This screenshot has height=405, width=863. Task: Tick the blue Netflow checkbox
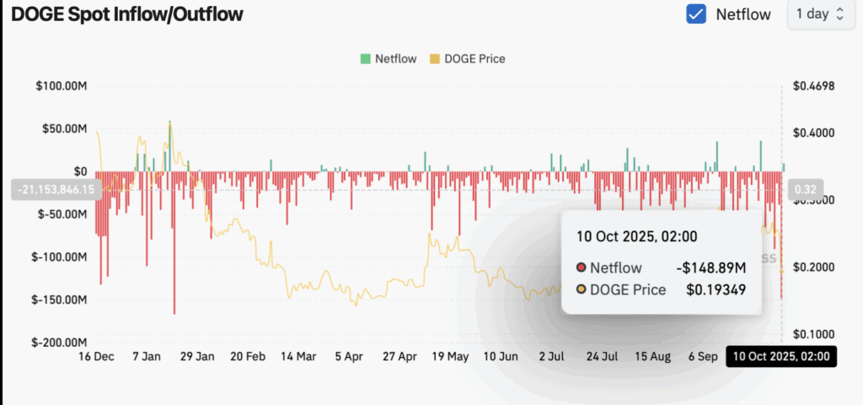click(696, 14)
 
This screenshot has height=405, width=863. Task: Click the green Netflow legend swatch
click(365, 58)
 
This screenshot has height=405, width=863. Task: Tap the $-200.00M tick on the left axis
click(61, 343)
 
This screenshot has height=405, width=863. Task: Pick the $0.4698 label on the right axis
click(813, 86)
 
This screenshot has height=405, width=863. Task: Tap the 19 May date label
click(450, 357)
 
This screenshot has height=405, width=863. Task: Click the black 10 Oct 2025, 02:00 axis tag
click(781, 357)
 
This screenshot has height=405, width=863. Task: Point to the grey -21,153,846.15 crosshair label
click(53, 189)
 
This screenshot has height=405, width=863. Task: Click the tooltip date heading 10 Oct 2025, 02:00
click(636, 236)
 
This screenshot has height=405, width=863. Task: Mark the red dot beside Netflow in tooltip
click(581, 268)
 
